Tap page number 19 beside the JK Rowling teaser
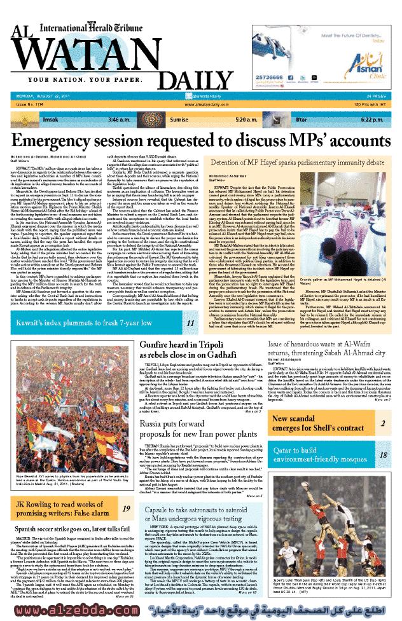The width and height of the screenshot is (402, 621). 126,508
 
